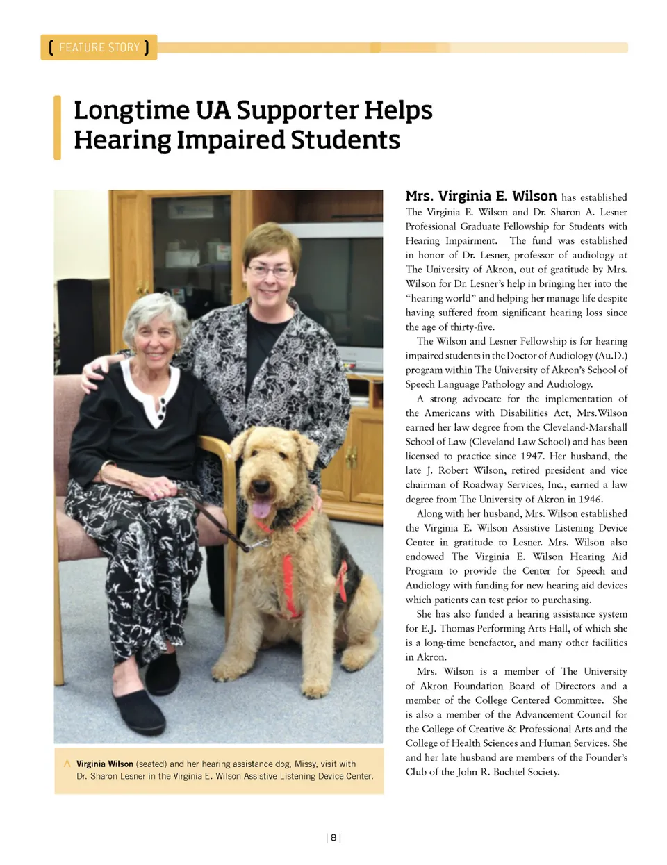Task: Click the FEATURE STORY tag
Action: [99, 47]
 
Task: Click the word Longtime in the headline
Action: [130, 110]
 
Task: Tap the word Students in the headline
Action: [345, 140]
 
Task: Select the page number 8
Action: [333, 838]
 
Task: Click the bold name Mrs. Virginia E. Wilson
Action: [481, 196]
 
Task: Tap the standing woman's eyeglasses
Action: [270, 270]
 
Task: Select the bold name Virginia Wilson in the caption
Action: [104, 764]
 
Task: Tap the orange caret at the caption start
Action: [67, 764]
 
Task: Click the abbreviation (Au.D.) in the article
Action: [611, 355]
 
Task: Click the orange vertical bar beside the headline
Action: [58, 128]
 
